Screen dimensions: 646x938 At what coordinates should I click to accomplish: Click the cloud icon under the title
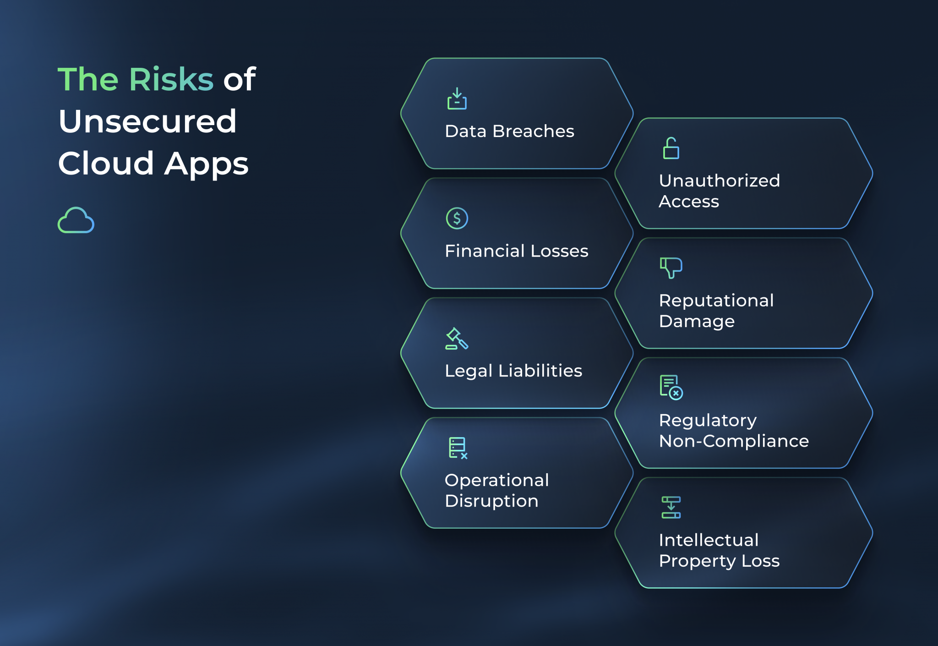click(76, 220)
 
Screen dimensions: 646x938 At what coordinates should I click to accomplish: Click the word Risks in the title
click(171, 79)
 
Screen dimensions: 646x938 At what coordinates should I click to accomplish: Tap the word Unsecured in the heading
click(147, 121)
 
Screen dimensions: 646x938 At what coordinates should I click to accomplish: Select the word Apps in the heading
click(206, 164)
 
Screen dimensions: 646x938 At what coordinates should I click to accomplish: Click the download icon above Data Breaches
click(457, 99)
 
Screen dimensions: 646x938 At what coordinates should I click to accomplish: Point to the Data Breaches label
click(509, 131)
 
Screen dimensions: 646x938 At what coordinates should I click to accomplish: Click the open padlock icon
click(671, 148)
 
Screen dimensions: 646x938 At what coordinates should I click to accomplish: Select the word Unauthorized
click(719, 181)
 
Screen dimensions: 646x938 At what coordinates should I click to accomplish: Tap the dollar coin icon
click(457, 218)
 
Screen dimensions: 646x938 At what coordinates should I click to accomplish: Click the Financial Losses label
click(516, 251)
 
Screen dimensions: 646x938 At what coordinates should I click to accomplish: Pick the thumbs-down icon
click(671, 268)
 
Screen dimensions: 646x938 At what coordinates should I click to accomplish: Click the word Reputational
click(716, 301)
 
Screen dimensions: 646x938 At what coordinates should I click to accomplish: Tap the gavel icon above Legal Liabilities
click(457, 339)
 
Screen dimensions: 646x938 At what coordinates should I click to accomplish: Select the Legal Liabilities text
click(513, 371)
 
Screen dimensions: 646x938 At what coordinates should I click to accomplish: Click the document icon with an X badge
click(671, 388)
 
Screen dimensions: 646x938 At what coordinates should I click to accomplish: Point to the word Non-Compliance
click(734, 441)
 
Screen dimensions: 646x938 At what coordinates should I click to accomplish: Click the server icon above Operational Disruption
click(458, 448)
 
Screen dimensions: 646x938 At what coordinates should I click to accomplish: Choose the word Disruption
click(491, 501)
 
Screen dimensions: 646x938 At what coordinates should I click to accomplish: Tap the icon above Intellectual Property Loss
click(671, 508)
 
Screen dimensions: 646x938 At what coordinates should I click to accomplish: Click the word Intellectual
click(709, 540)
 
